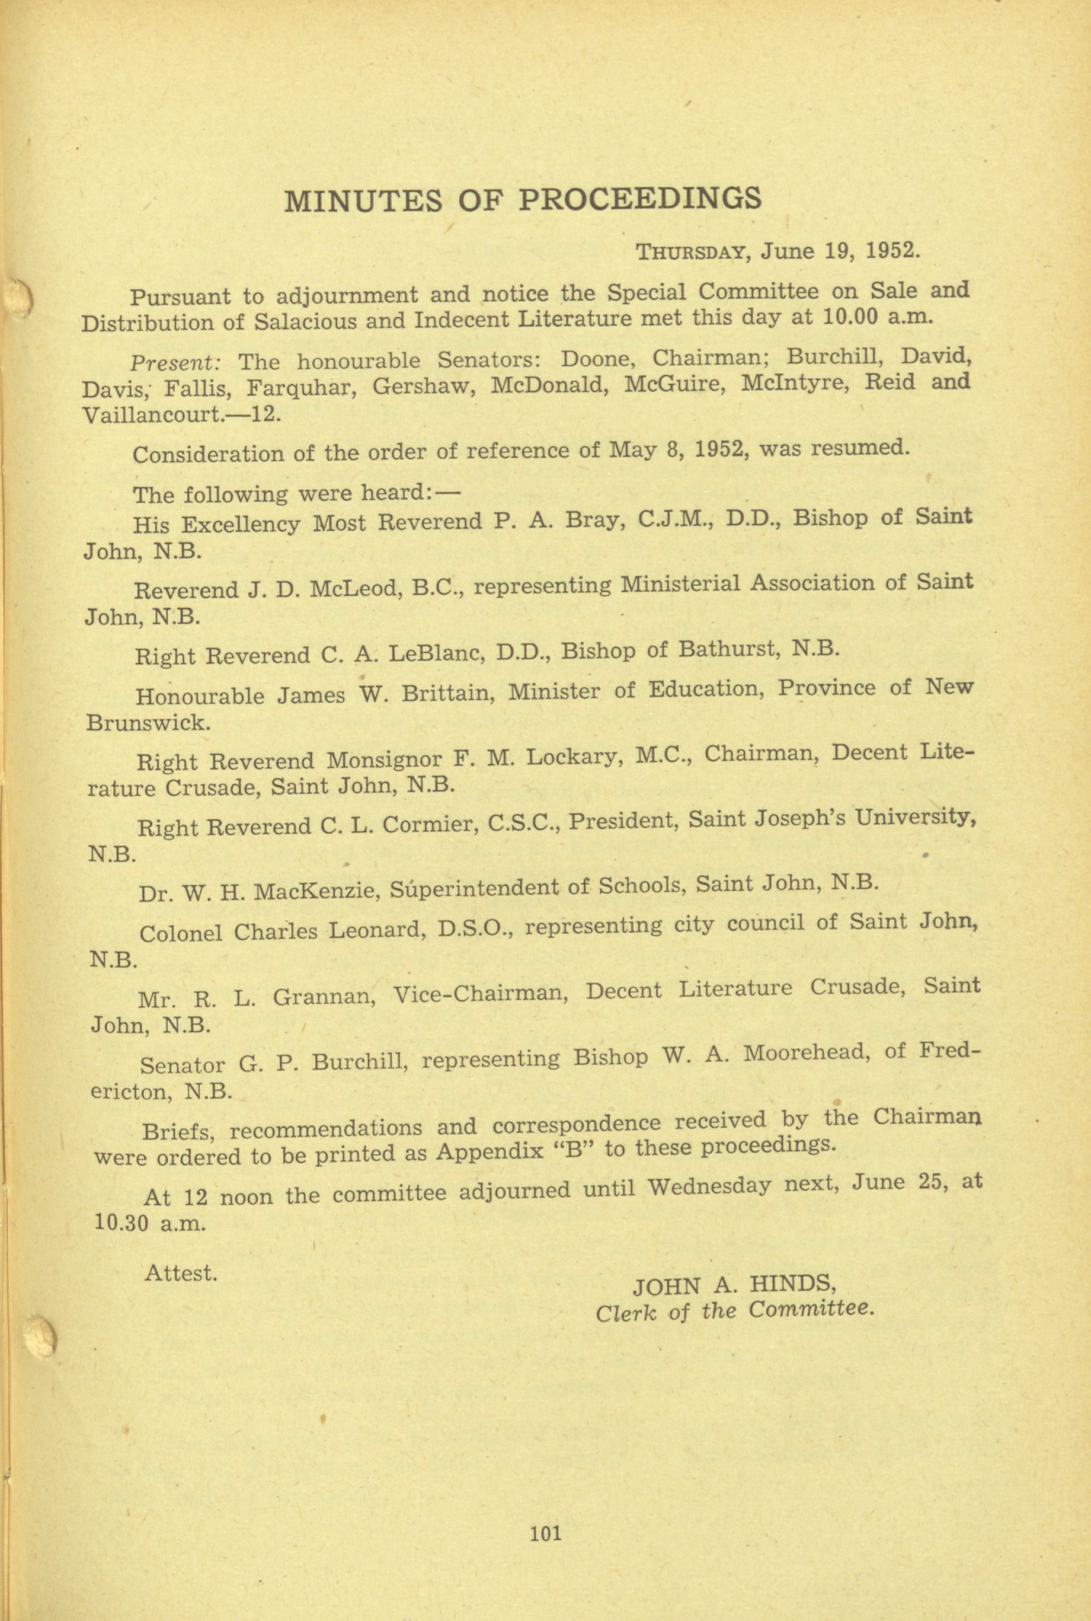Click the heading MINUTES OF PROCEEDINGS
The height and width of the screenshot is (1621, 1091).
tap(523, 200)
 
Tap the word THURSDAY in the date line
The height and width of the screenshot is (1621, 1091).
tap(692, 252)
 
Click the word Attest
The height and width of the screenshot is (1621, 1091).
tap(181, 1273)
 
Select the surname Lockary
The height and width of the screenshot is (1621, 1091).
tap(572, 757)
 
